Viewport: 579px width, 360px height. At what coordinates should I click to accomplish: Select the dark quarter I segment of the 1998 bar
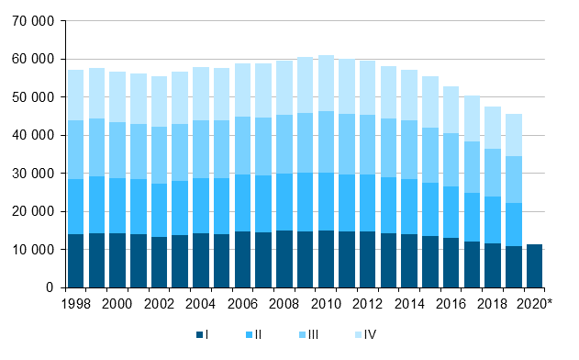(75, 261)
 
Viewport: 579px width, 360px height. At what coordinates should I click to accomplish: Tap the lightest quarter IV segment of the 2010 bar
(327, 84)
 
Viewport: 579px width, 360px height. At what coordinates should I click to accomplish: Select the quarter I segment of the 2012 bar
(369, 259)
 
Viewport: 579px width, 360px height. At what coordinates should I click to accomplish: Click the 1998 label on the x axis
(75, 303)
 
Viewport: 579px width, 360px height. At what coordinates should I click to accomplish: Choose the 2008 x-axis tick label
(284, 303)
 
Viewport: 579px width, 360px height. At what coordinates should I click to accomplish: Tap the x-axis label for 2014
(410, 303)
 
